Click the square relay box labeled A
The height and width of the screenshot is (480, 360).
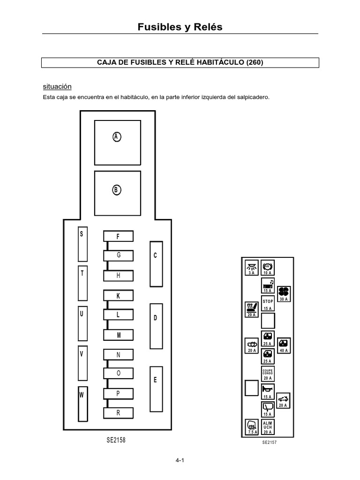tap(117, 142)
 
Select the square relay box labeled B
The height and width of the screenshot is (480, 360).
tap(117, 192)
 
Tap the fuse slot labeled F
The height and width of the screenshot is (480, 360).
tap(118, 236)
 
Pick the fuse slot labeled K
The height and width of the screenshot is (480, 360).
tap(118, 295)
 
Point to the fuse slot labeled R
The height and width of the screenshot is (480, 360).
tap(118, 413)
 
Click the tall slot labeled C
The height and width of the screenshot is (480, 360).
tap(156, 263)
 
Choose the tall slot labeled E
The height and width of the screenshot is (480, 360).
tap(156, 388)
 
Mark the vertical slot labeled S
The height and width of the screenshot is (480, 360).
tap(82, 244)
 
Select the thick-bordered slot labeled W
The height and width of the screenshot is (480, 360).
tap(82, 403)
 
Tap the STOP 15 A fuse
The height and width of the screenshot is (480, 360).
tap(268, 304)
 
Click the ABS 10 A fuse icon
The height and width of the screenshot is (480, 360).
tap(268, 268)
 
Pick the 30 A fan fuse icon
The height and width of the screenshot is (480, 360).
tap(284, 293)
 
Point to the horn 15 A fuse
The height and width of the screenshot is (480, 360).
tap(268, 391)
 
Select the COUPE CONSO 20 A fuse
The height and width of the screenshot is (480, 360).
tap(268, 374)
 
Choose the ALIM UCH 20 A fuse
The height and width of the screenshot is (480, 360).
tap(268, 427)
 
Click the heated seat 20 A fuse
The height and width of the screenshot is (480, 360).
tap(252, 309)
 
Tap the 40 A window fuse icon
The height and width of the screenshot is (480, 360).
tap(284, 345)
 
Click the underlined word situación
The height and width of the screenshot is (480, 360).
tap(57, 87)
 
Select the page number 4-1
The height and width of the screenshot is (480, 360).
tap(180, 461)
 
